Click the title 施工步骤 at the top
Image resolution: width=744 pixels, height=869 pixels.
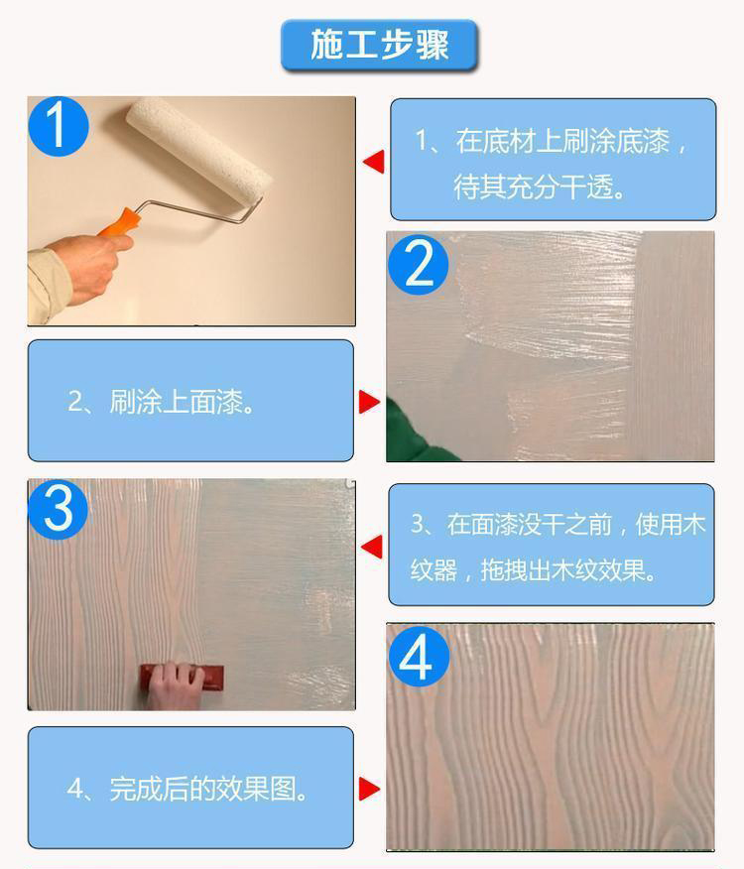pos(379,45)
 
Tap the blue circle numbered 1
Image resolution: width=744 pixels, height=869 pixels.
pos(59,126)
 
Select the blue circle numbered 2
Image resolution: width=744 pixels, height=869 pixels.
pos(419,264)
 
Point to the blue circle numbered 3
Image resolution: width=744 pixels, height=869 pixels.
pos(58,509)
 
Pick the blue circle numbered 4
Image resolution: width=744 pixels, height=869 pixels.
pos(419,656)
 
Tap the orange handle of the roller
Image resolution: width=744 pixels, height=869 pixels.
pos(118,223)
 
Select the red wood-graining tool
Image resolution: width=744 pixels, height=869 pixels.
pos(182,678)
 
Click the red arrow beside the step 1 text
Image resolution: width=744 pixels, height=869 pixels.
pos(373,162)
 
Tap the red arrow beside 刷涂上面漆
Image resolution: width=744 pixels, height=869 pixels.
pos(369,402)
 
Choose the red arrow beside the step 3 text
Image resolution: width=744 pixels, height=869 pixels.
pos(371,547)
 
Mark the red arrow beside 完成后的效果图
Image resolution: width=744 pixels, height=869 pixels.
pos(369,789)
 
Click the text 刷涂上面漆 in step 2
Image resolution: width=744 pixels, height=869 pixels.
pos(177,402)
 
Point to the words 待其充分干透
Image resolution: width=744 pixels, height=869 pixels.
pos(534,186)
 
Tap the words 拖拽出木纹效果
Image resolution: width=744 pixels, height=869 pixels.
pos(562,570)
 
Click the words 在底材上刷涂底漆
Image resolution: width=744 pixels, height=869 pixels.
pos(562,141)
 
